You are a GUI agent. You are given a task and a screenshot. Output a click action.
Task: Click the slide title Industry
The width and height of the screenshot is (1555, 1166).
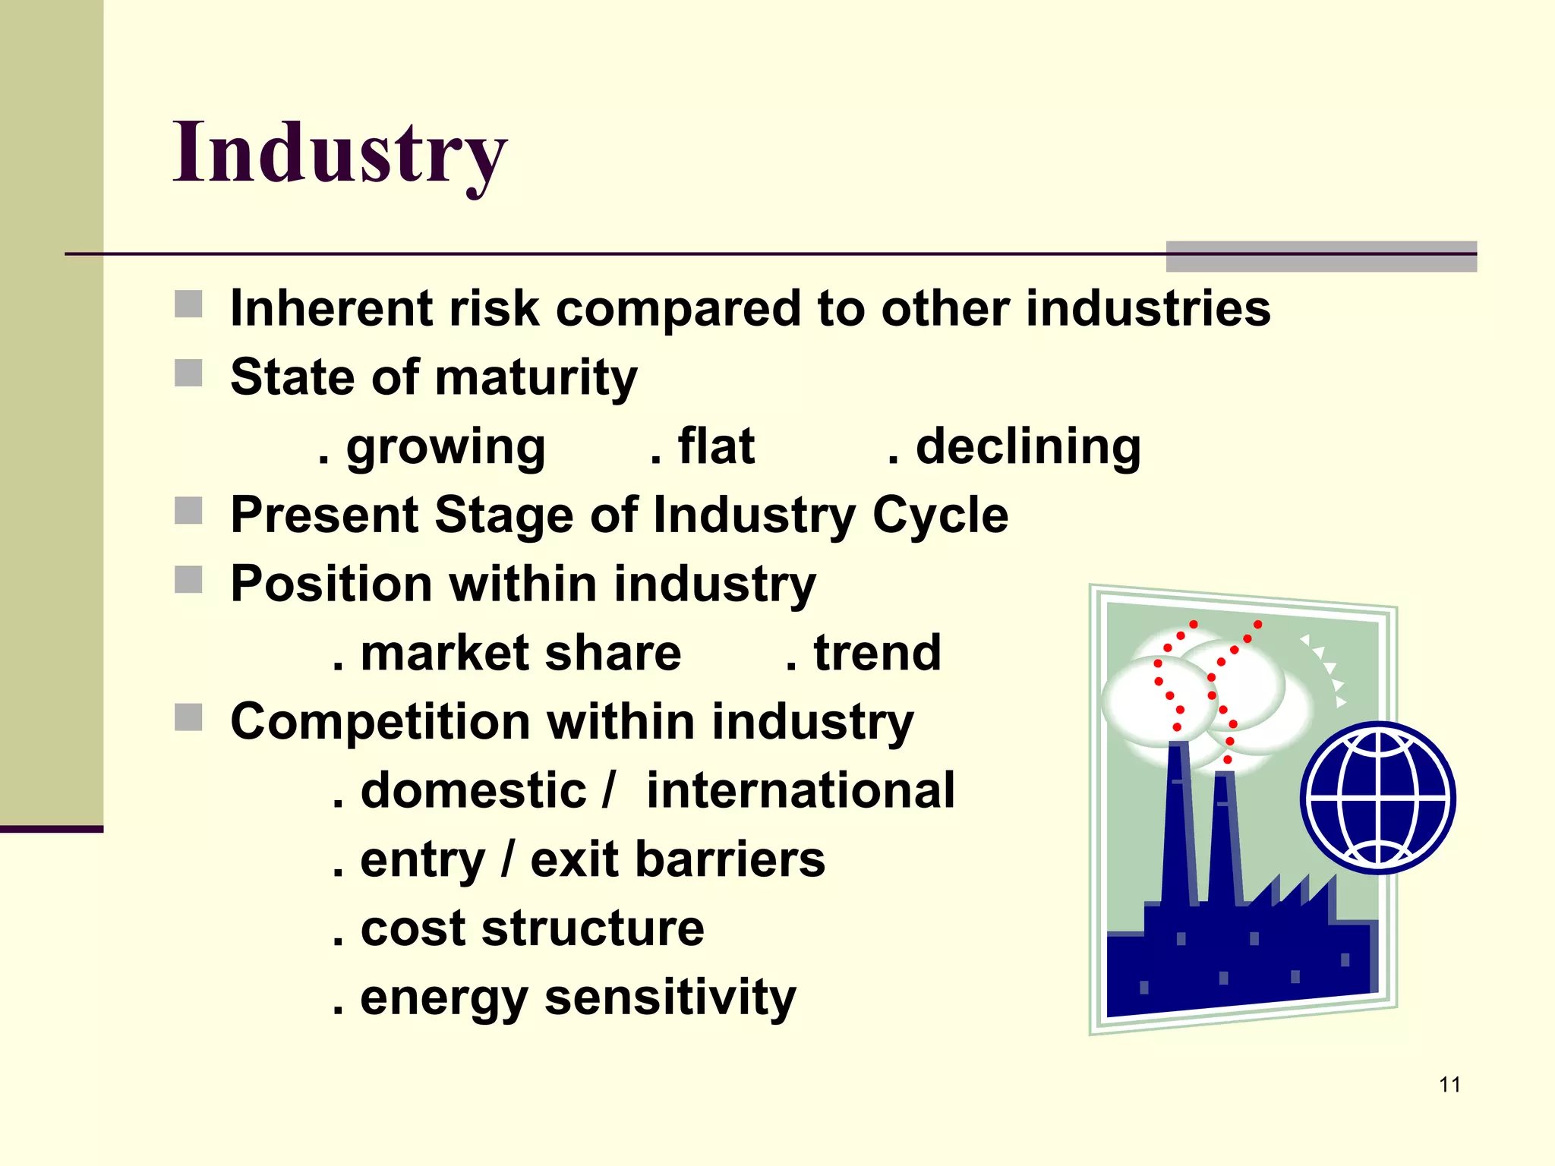[x=339, y=153]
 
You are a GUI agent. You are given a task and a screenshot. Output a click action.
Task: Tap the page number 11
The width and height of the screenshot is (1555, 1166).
[x=1449, y=1085]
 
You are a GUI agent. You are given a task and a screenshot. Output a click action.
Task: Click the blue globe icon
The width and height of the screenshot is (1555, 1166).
[x=1377, y=798]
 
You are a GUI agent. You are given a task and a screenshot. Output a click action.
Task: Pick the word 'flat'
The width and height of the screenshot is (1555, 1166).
[x=716, y=446]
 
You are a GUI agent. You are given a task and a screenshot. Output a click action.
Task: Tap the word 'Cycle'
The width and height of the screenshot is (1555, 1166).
[x=940, y=515]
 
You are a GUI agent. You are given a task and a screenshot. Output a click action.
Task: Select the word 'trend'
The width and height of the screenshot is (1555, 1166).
[x=877, y=653]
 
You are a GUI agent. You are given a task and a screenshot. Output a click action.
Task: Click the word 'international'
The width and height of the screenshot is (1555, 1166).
[x=800, y=790]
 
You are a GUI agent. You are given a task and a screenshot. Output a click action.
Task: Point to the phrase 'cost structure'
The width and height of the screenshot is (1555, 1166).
[x=531, y=928]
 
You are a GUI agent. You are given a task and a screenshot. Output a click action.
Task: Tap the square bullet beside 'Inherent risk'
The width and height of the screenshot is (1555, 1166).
[x=188, y=304]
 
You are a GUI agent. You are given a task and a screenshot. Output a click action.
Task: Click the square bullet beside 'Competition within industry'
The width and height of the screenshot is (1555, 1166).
[x=188, y=717]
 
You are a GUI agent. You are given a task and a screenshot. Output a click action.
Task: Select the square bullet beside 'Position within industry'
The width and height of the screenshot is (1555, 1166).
[x=188, y=580]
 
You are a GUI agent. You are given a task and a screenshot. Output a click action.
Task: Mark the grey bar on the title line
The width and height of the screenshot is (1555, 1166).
[x=1321, y=257]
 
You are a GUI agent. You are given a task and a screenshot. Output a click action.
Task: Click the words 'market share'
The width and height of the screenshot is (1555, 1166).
[x=521, y=653]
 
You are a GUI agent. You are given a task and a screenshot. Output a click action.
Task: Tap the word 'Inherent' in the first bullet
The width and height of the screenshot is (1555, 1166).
[x=332, y=309]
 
